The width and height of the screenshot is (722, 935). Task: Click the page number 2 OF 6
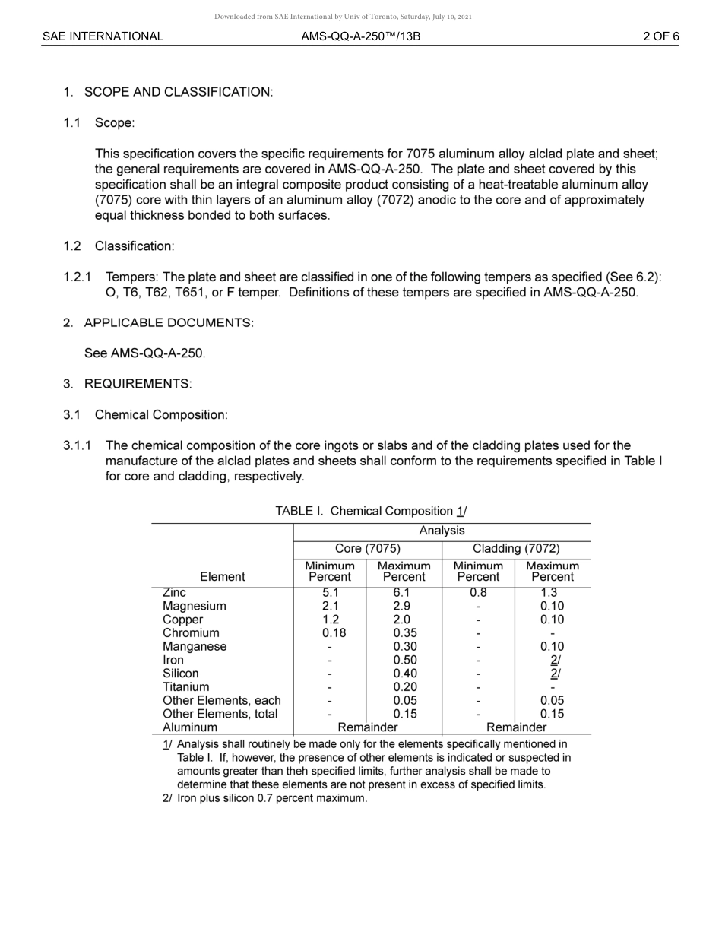tap(660, 36)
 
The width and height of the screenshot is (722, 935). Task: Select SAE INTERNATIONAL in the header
tap(103, 36)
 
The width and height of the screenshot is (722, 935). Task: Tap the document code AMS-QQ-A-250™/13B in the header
tap(360, 36)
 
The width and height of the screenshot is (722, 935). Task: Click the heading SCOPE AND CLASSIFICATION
tap(178, 92)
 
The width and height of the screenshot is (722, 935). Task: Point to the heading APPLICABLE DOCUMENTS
tap(169, 323)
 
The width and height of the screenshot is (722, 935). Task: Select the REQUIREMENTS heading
tap(138, 384)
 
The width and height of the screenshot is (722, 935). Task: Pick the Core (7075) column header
tap(367, 549)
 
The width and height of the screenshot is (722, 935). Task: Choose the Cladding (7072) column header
tap(516, 549)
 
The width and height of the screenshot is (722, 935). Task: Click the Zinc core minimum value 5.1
tap(330, 593)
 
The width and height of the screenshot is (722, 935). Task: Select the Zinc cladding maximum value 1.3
tap(552, 593)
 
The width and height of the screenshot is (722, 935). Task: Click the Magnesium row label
tap(194, 607)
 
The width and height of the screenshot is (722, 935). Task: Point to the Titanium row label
tap(185, 687)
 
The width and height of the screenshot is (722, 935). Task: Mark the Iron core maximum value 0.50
tap(404, 661)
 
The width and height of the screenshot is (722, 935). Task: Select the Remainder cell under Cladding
tap(516, 727)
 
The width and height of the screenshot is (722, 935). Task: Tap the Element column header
tap(222, 577)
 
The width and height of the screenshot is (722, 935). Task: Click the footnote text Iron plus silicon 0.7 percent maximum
tap(272, 799)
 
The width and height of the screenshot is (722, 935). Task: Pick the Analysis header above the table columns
tap(442, 531)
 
